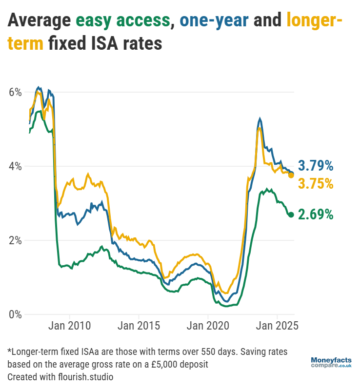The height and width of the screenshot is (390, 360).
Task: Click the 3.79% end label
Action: pyautogui.click(x=316, y=166)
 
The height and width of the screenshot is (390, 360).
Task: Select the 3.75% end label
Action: pyautogui.click(x=316, y=184)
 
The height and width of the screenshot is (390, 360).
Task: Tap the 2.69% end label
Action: pyautogui.click(x=316, y=214)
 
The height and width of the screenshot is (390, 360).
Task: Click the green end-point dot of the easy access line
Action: pyautogui.click(x=291, y=214)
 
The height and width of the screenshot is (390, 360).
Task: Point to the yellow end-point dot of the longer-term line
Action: pyautogui.click(x=291, y=175)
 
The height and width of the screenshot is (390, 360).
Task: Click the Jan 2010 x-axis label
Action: pyautogui.click(x=70, y=325)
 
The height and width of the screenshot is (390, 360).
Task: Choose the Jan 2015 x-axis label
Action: pyautogui.click(x=139, y=325)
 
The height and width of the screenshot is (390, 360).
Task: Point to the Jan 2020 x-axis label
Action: pyautogui.click(x=208, y=325)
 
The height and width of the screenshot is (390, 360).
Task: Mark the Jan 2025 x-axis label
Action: pyautogui.click(x=278, y=325)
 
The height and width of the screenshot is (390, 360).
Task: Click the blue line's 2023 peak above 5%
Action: pyautogui.click(x=260, y=118)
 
